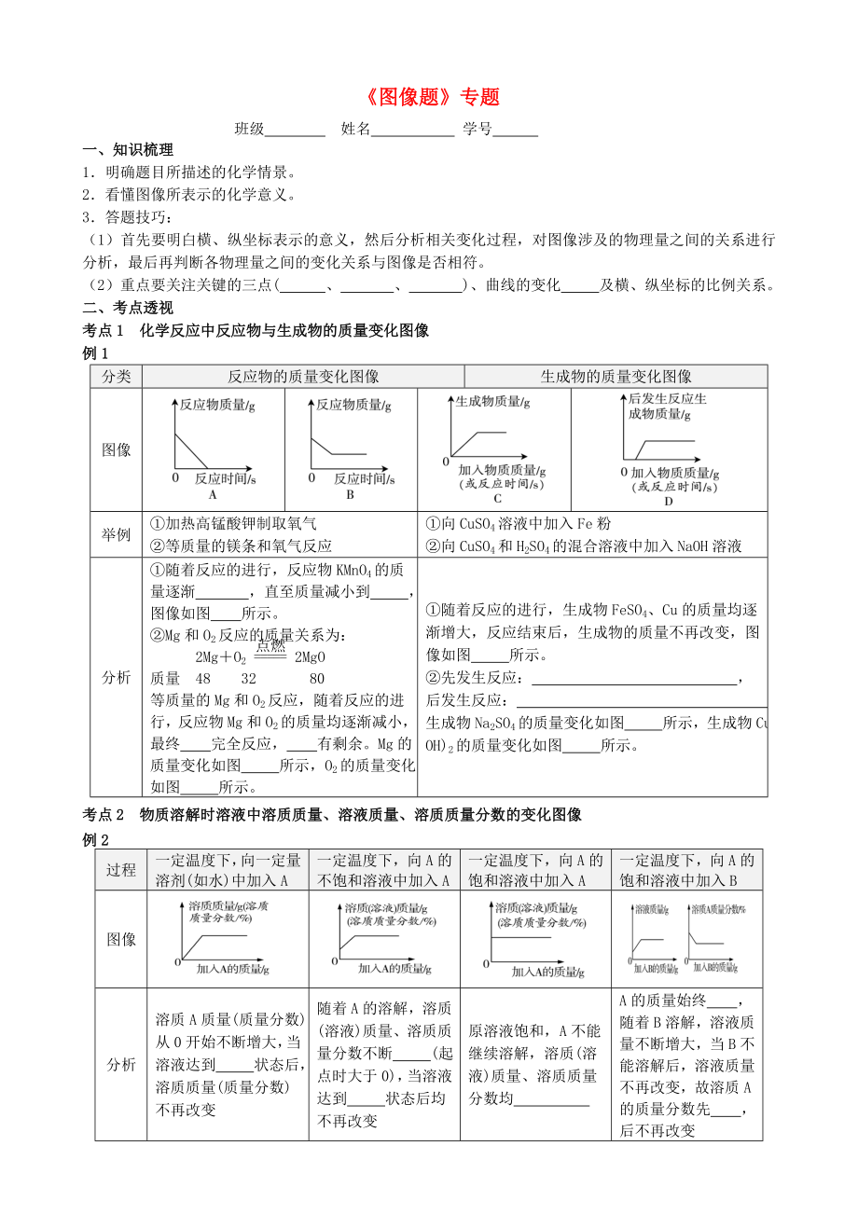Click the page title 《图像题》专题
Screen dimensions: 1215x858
[x=430, y=97]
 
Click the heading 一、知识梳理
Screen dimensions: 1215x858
[x=128, y=150]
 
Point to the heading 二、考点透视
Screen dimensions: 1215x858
[x=128, y=308]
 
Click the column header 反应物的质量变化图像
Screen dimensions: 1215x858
[x=303, y=377]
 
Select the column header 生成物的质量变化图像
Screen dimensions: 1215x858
[x=616, y=377]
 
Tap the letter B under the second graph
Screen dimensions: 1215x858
[x=350, y=495]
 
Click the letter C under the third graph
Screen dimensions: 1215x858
[x=497, y=499]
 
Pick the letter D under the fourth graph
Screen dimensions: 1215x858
[x=668, y=502]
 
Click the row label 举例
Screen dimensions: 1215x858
[x=117, y=534]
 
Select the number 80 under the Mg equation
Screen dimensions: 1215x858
[x=317, y=678]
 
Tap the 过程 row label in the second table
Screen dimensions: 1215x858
[x=121, y=870]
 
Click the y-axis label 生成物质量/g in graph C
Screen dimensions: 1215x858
[x=492, y=403]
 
